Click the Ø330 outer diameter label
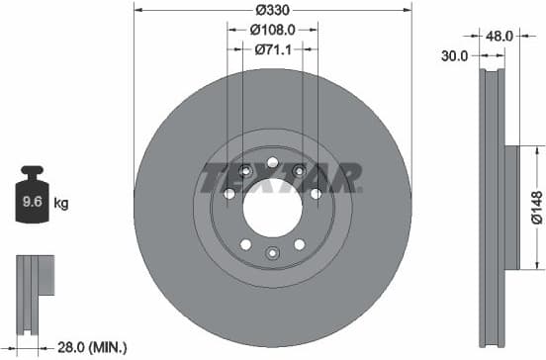click(271, 9)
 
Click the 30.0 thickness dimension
click(454, 56)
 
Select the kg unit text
click(61, 205)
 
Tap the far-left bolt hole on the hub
click(229, 194)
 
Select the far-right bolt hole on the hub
click(316, 194)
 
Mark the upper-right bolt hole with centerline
click(300, 171)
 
